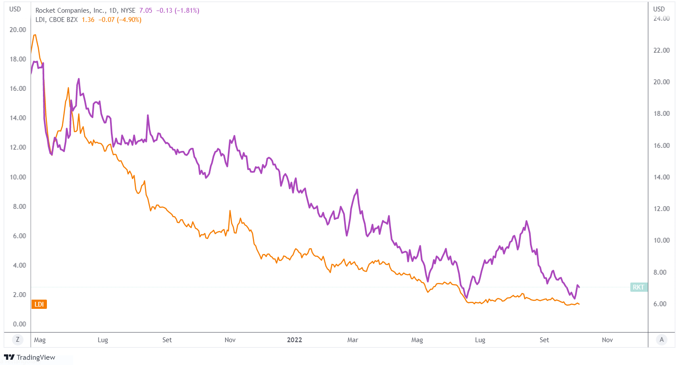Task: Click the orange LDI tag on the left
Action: tap(39, 304)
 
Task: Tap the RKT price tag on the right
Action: tap(638, 287)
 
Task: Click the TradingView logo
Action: tap(30, 357)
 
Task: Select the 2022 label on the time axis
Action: tap(294, 340)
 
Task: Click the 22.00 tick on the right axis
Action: tap(661, 50)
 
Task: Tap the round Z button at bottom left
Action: tap(18, 340)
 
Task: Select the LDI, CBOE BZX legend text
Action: tap(57, 20)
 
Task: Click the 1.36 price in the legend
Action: tap(88, 20)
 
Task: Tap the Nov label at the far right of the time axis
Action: tap(607, 340)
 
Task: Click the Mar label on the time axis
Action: tap(352, 340)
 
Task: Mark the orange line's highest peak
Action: tap(35, 35)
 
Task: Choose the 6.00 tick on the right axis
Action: tap(661, 304)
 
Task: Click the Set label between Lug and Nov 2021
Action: tap(167, 340)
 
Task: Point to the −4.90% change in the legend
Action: tap(129, 20)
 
